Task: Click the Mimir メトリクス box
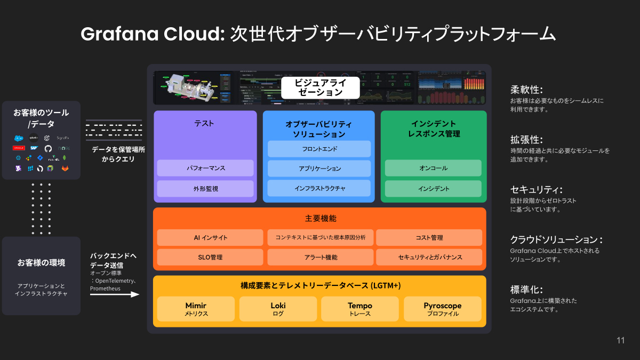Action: click(x=196, y=309)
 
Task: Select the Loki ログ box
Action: click(x=278, y=309)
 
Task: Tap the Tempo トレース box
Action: click(x=360, y=309)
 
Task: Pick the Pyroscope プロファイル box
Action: click(x=443, y=309)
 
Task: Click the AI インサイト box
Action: click(x=210, y=237)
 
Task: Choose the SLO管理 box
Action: click(x=210, y=257)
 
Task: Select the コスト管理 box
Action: click(x=429, y=237)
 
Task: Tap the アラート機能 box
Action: click(x=320, y=257)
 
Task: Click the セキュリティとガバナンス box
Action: click(x=429, y=257)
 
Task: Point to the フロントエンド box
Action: click(x=319, y=149)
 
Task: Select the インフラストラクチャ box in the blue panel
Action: click(x=319, y=188)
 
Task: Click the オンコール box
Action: click(x=433, y=168)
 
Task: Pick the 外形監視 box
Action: click(x=205, y=188)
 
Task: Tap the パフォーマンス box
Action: click(x=205, y=168)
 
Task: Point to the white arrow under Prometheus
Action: click(x=115, y=294)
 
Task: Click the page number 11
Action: click(x=620, y=341)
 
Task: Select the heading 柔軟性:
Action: click(x=526, y=90)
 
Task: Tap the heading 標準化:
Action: click(x=526, y=290)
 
